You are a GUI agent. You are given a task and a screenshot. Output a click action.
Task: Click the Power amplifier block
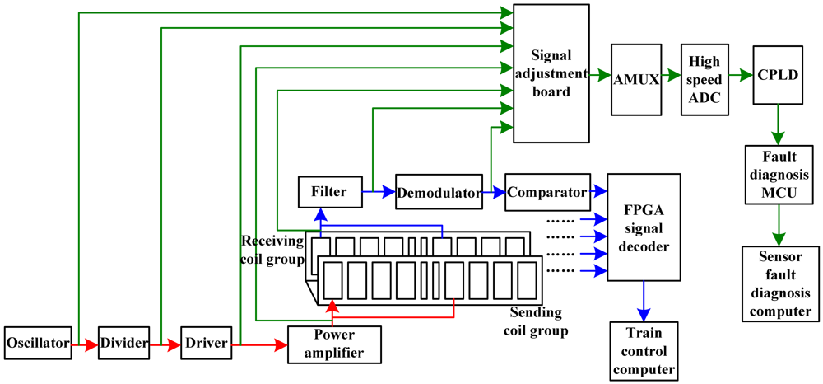[x=334, y=344]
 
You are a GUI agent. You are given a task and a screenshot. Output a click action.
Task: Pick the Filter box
[x=328, y=193]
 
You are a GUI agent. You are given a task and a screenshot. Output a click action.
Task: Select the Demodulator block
[x=437, y=194]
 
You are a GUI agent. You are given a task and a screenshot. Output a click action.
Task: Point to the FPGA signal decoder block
[x=644, y=227]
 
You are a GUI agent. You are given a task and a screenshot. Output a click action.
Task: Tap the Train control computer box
[x=644, y=349]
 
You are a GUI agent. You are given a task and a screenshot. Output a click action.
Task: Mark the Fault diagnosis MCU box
[x=777, y=176]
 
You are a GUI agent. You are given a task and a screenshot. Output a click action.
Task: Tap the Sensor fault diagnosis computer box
[x=778, y=282]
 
